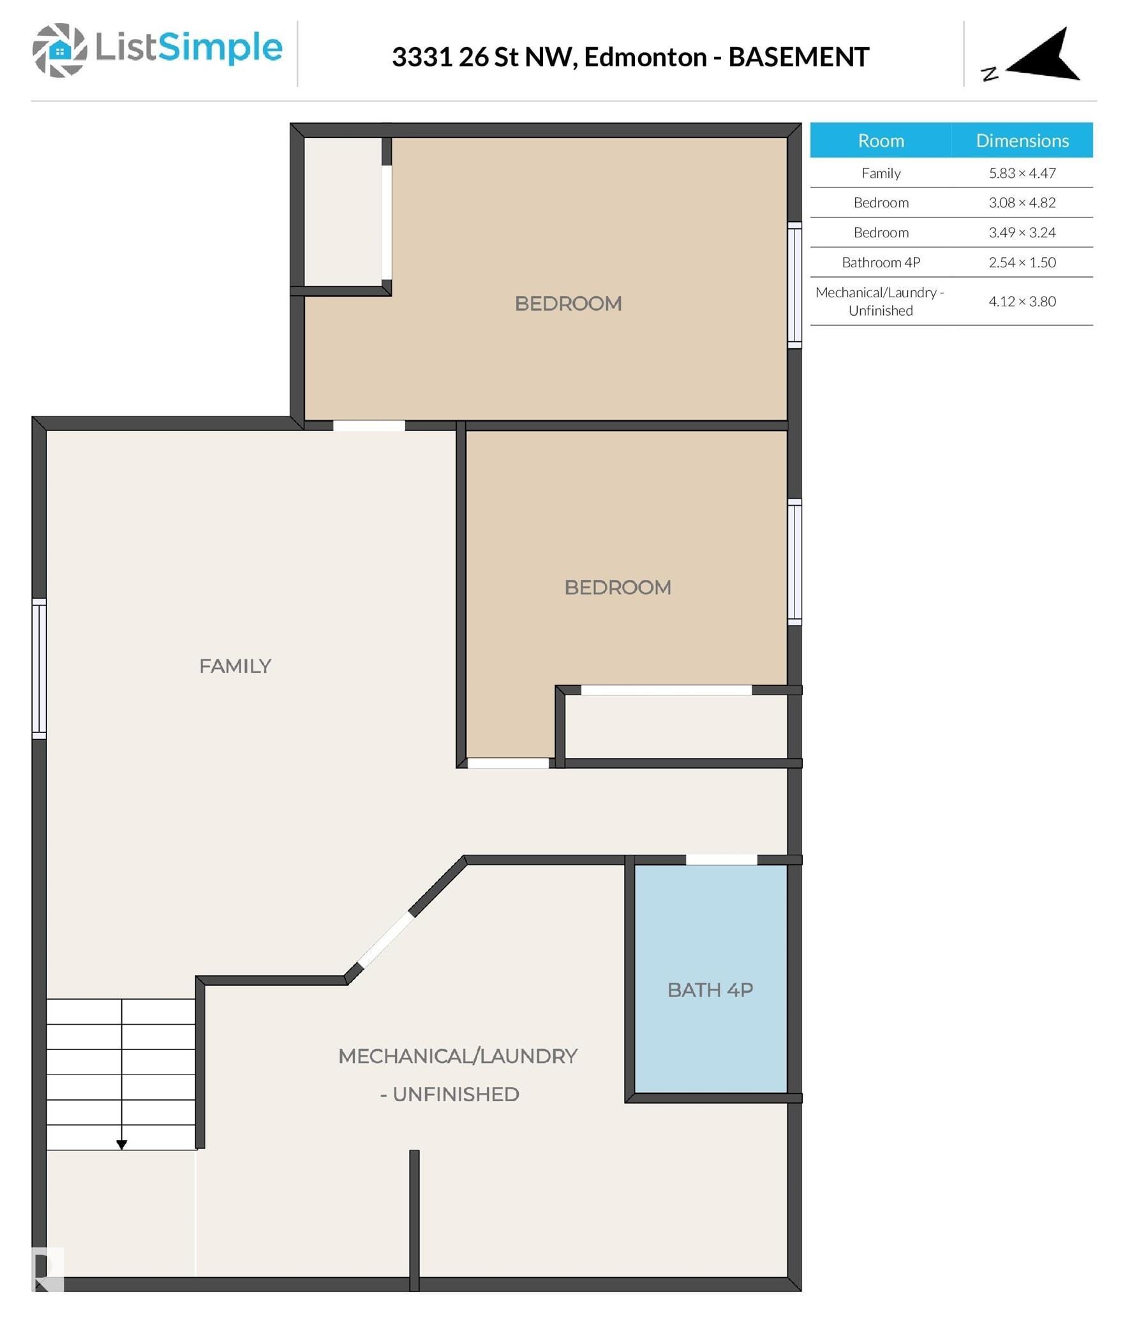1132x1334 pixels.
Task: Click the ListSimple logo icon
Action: click(x=59, y=50)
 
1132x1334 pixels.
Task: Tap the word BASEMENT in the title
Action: click(x=798, y=57)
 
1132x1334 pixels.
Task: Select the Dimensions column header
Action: click(x=1022, y=140)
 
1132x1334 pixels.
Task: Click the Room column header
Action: click(x=881, y=140)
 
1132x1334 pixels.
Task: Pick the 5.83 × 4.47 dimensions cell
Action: click(x=1022, y=173)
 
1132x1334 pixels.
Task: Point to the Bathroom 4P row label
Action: click(x=881, y=262)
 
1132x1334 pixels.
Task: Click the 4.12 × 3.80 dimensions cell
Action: click(x=1022, y=301)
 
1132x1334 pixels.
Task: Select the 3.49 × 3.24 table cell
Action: click(x=1022, y=232)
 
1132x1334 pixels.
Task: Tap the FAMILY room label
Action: click(x=235, y=666)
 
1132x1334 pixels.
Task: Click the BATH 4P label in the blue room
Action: click(x=710, y=989)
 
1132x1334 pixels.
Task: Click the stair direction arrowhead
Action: click(x=121, y=1144)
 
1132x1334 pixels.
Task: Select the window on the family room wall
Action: click(x=39, y=668)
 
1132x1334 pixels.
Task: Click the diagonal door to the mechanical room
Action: click(x=386, y=940)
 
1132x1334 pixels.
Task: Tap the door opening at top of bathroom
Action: click(x=721, y=859)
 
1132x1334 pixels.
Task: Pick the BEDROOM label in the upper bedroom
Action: click(x=568, y=304)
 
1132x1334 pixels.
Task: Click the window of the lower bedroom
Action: click(x=794, y=561)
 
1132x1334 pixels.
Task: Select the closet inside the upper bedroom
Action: click(x=342, y=212)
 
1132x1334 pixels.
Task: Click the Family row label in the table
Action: click(x=881, y=173)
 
